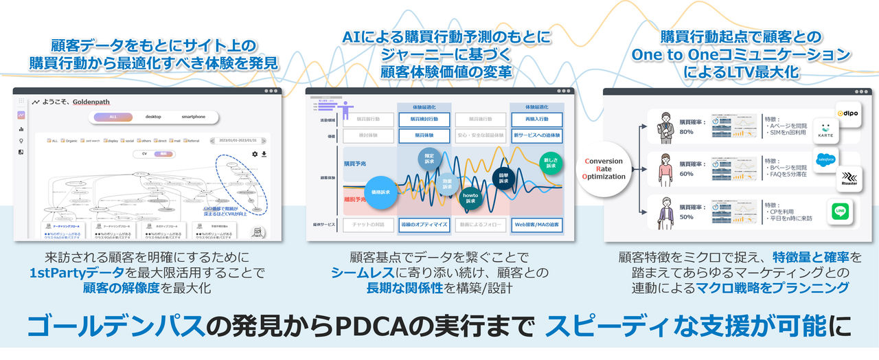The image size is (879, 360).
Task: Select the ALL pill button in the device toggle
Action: [x=113, y=117]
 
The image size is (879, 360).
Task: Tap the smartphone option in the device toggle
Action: [x=193, y=117]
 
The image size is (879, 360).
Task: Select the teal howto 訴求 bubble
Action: [x=470, y=198]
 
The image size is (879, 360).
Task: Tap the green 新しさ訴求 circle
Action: [x=550, y=161]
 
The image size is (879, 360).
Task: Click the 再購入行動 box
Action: [x=537, y=120]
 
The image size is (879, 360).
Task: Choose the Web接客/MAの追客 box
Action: [x=537, y=224]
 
